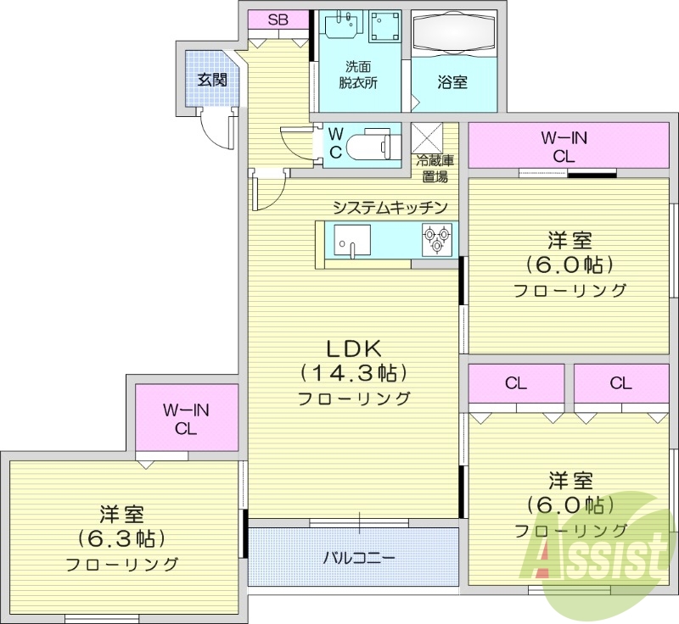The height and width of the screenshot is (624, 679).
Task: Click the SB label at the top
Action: (x=278, y=19)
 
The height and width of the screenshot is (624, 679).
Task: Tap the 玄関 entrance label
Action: (x=212, y=81)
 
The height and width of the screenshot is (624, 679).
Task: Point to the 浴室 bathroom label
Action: (x=452, y=82)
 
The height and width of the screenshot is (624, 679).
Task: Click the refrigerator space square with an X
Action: (x=427, y=137)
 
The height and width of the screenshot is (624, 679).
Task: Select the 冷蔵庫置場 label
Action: (x=435, y=169)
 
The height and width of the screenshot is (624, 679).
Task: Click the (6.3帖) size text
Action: (x=122, y=538)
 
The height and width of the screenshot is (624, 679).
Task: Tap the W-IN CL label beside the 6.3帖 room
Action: (x=186, y=419)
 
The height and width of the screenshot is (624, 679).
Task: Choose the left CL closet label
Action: (x=516, y=383)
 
